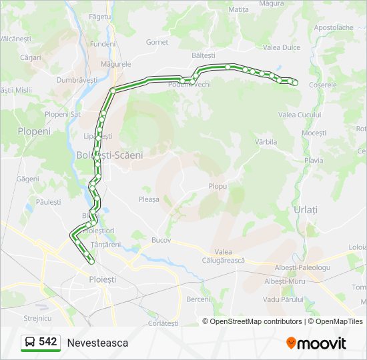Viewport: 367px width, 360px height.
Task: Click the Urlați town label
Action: pyautogui.click(x=306, y=209)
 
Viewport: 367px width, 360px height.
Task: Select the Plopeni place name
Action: pyautogui.click(x=34, y=131)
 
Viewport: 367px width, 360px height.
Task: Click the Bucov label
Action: pyautogui.click(x=161, y=240)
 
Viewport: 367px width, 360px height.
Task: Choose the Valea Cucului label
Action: pyautogui.click(x=300, y=115)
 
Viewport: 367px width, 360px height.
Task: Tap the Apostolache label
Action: pyautogui.click(x=333, y=27)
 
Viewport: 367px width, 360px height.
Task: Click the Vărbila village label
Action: pyautogui.click(x=266, y=142)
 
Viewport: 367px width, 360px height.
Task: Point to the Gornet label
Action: pyautogui.click(x=157, y=42)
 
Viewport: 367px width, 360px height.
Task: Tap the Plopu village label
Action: pyautogui.click(x=218, y=187)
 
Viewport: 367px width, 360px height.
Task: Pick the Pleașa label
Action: pyautogui.click(x=149, y=199)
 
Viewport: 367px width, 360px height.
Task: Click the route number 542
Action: pyautogui.click(x=47, y=342)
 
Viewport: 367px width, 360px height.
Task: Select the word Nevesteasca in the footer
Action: pyautogui.click(x=97, y=343)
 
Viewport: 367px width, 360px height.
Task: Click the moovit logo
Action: pyautogui.click(x=316, y=343)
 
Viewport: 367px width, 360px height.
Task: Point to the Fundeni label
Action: pyautogui.click(x=103, y=43)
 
